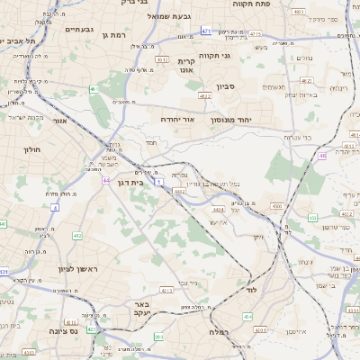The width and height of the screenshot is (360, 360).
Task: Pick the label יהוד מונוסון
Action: tap(247, 119)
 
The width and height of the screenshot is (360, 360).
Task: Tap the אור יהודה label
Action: tap(180, 119)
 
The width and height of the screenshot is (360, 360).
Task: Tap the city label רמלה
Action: tap(219, 332)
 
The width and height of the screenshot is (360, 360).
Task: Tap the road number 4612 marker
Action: tap(163, 60)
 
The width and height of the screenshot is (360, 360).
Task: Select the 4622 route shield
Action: tap(204, 94)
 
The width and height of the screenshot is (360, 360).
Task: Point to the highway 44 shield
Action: tap(106, 181)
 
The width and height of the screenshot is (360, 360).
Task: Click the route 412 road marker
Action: tap(77, 236)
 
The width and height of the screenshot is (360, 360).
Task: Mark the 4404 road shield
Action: tap(218, 209)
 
